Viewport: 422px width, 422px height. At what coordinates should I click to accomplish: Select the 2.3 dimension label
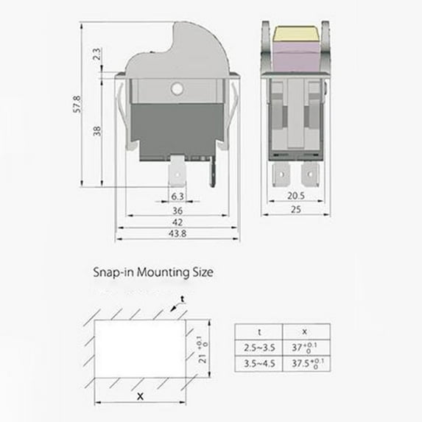click(x=97, y=55)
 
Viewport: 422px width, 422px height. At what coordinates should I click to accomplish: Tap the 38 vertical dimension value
click(x=97, y=130)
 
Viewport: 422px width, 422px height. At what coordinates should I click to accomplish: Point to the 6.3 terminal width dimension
click(x=177, y=197)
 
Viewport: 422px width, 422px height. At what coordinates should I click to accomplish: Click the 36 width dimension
click(x=177, y=210)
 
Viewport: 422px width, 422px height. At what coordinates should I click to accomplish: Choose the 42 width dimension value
click(x=177, y=222)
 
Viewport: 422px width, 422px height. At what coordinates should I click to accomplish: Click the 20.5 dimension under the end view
click(x=295, y=197)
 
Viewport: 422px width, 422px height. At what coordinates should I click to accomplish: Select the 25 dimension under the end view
click(x=295, y=210)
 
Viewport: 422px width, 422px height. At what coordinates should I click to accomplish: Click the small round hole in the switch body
click(x=176, y=89)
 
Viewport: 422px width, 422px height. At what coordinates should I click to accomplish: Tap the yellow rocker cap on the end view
click(x=295, y=34)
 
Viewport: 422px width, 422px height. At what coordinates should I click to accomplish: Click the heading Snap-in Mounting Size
click(x=152, y=272)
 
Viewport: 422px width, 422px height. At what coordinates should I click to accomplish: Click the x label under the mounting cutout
click(x=140, y=396)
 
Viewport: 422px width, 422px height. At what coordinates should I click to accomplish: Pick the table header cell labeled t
click(x=258, y=331)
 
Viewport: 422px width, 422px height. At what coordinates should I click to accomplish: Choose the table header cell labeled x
click(x=305, y=331)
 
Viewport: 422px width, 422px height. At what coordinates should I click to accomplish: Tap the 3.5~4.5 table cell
click(x=258, y=364)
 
